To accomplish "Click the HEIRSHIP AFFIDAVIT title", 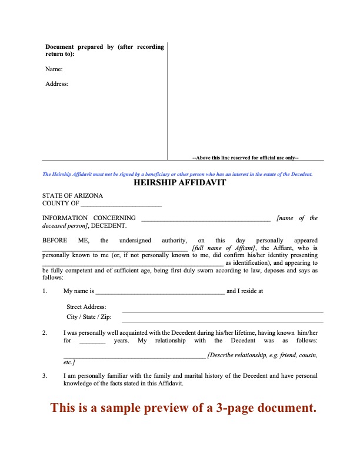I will (180, 182).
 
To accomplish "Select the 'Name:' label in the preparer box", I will (54, 69).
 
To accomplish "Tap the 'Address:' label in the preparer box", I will (57, 84).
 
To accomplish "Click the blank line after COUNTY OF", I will (121, 204).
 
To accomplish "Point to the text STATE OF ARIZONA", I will (72, 195).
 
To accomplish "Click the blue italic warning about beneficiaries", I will (177, 174).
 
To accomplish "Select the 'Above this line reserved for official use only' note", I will (246, 157).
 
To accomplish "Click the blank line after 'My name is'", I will (159, 291).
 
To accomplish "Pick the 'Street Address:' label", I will (86, 307).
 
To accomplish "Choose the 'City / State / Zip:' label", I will (89, 317).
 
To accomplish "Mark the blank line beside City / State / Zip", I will (222, 321).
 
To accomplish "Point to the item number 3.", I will (45, 375).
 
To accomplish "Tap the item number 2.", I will (45, 333).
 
